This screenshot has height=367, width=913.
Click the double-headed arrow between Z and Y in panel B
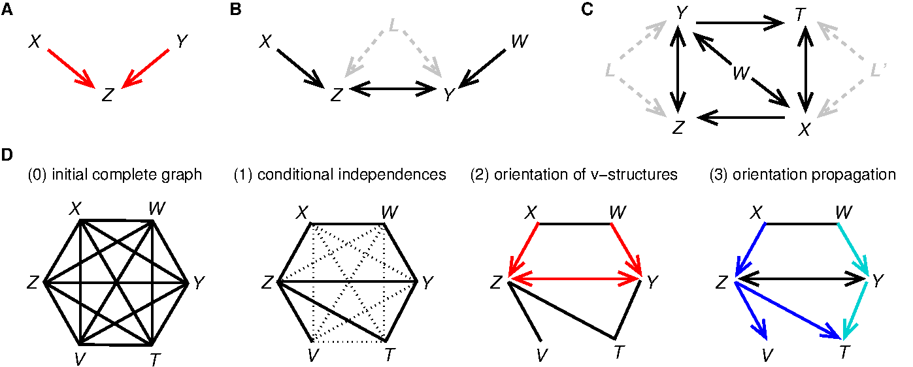pos(393,90)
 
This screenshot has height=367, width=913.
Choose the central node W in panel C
pos(740,72)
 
